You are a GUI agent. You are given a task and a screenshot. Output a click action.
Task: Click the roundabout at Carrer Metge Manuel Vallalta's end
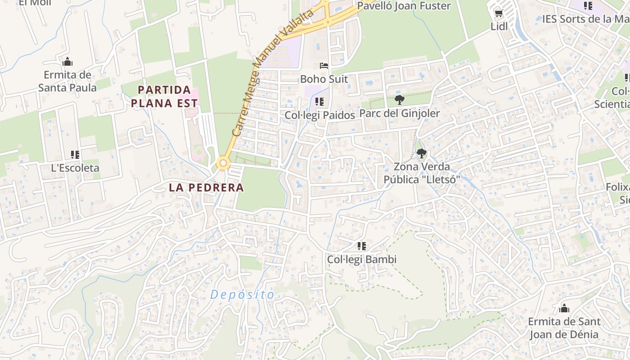click(x=223, y=163)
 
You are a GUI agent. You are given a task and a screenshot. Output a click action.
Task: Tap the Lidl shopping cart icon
click(x=499, y=14)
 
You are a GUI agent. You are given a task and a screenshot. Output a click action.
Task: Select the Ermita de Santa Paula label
click(x=67, y=81)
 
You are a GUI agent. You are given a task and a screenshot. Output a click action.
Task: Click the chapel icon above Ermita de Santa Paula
click(x=67, y=62)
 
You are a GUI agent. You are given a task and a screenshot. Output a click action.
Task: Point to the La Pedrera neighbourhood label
click(x=207, y=188)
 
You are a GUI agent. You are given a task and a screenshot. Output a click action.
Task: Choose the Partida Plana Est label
click(x=167, y=96)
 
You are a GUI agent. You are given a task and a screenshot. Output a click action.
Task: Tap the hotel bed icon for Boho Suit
click(x=324, y=66)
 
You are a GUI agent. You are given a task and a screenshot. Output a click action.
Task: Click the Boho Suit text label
click(x=324, y=79)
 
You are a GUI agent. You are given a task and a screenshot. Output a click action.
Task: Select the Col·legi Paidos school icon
click(x=319, y=102)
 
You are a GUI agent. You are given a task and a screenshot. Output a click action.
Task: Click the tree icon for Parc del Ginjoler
click(x=399, y=100)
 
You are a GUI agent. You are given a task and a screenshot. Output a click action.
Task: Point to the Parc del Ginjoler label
click(x=399, y=113)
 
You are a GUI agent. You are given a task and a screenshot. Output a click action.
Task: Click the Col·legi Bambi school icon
click(x=361, y=246)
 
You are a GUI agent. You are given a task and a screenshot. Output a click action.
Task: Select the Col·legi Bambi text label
click(x=362, y=260)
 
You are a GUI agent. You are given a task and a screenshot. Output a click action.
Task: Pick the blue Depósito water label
click(x=242, y=295)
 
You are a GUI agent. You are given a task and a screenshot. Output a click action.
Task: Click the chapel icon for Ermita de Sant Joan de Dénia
click(x=564, y=309)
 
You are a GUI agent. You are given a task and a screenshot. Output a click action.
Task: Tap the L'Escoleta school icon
click(x=75, y=155)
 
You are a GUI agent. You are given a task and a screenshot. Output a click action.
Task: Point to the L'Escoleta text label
click(x=75, y=168)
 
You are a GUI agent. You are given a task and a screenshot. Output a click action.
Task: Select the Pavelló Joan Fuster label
click(x=404, y=6)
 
